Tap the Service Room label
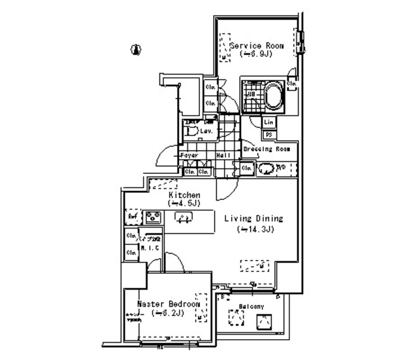(x=256, y=46)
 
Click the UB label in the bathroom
(x=251, y=96)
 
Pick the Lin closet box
(x=268, y=122)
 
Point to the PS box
(x=268, y=135)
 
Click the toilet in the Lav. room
(x=192, y=132)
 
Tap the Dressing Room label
(x=266, y=149)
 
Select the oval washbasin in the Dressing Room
(x=267, y=168)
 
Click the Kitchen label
(x=184, y=195)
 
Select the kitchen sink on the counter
(x=184, y=218)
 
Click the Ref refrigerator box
(x=133, y=217)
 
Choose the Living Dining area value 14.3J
(x=254, y=229)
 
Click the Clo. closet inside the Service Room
(x=292, y=83)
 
